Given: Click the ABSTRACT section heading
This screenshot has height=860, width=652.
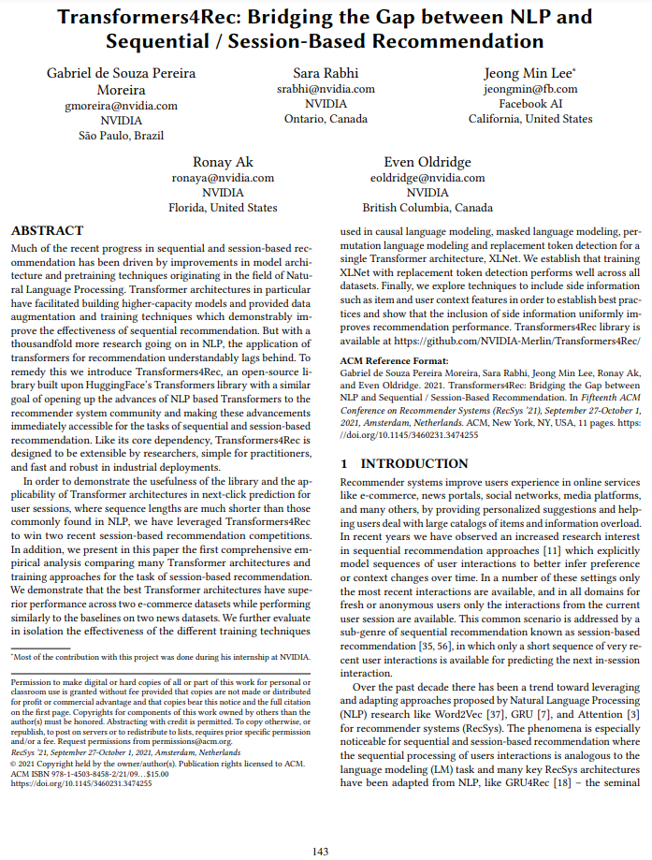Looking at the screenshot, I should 47,230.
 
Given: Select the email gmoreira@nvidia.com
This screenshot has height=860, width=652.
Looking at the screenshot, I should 121,106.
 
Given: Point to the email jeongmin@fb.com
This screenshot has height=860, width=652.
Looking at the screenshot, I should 529,89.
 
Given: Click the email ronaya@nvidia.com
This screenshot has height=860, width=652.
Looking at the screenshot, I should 223,177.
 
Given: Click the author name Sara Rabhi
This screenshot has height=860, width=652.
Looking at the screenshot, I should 326,73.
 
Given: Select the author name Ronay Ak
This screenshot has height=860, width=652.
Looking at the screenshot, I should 223,161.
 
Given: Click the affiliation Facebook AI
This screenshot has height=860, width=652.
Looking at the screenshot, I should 529,104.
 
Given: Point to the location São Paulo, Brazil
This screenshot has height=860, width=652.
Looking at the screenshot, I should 121,136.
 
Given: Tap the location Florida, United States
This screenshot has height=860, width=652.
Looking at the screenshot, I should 223,207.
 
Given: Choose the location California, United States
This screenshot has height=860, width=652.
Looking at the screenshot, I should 529,119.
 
